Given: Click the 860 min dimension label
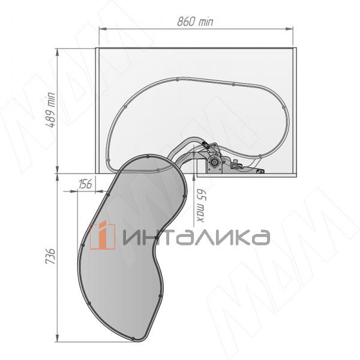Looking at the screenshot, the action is point(195,22).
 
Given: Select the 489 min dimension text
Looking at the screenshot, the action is point(50,110).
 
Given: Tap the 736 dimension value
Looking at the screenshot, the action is point(50,256).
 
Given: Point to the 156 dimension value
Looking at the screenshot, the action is point(85,184).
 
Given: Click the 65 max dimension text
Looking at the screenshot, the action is point(200,206).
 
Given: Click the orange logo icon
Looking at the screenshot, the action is point(103,235).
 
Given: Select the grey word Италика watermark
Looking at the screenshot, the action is point(196,237).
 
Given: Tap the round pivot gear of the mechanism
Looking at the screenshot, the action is point(214,162).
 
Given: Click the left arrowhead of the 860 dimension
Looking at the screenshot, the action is point(103,29).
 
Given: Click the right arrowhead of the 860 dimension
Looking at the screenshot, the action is point(290,29).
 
